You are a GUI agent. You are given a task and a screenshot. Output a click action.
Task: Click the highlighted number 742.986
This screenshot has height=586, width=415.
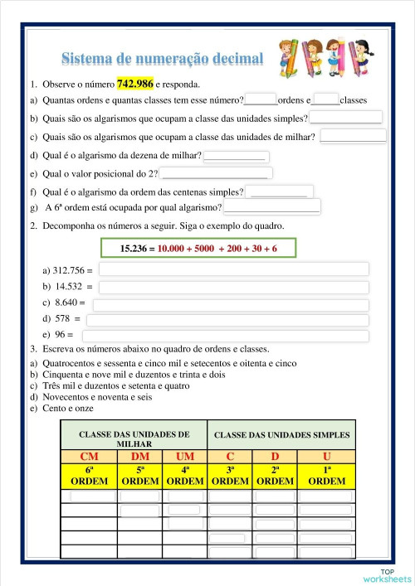(x=136, y=84)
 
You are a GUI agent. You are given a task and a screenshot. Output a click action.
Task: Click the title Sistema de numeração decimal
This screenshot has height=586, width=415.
(x=163, y=58)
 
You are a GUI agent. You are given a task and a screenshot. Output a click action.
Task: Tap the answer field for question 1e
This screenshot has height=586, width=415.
(x=214, y=173)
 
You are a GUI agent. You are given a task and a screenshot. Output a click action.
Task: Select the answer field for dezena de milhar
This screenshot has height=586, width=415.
(x=235, y=155)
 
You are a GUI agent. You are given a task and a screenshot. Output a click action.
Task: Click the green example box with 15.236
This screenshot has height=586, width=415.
(x=199, y=248)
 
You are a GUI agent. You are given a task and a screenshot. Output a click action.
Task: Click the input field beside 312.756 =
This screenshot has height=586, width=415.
(x=233, y=269)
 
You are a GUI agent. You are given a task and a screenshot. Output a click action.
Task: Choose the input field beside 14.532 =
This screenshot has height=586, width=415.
(x=233, y=287)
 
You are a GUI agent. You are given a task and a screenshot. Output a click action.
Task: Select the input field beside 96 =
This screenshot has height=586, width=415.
(x=224, y=336)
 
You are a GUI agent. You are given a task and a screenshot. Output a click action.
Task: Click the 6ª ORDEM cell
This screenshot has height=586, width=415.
(x=89, y=476)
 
